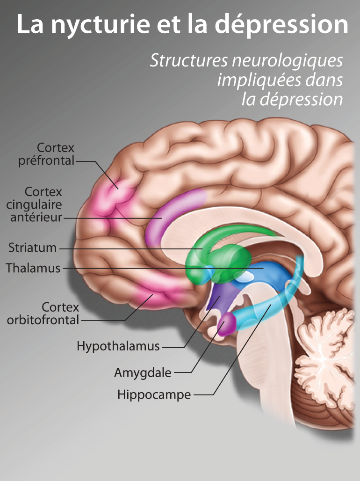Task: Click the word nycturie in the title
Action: (x=100, y=24)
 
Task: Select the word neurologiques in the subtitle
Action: (x=288, y=61)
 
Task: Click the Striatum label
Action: (x=32, y=248)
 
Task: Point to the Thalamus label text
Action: (x=33, y=268)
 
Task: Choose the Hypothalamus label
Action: (x=118, y=346)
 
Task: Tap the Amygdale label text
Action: (x=143, y=373)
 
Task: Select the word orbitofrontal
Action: (x=43, y=320)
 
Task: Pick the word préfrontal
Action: (x=46, y=161)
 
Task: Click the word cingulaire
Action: (x=34, y=204)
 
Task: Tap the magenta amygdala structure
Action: (x=227, y=324)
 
